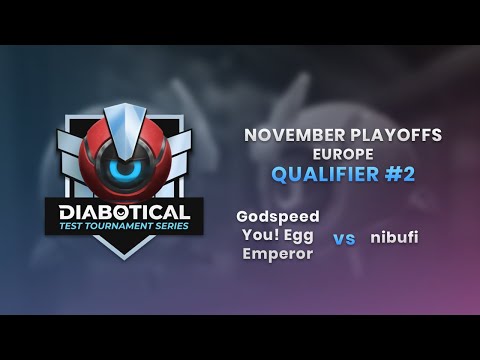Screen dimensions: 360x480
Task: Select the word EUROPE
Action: coord(329,155)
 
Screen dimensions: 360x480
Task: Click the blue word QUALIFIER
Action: coord(312,175)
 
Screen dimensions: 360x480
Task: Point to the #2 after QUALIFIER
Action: coord(396,175)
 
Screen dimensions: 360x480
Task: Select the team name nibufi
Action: coord(393,238)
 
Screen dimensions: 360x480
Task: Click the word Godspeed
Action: coord(278,216)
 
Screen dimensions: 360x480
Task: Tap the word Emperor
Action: coord(278,254)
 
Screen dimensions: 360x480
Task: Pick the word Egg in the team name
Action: coord(297,235)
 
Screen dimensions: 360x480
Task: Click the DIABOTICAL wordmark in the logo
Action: coord(124,212)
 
